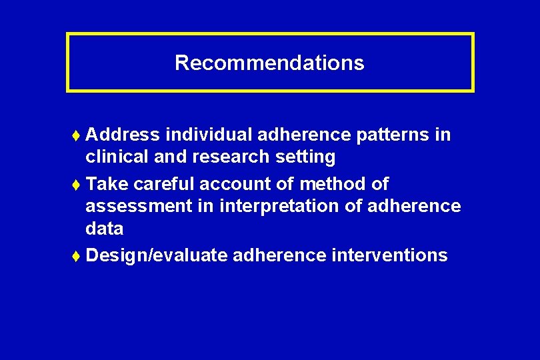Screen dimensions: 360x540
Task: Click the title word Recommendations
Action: point(269,63)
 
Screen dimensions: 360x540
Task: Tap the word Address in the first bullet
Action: point(123,135)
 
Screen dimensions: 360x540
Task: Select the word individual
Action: point(208,135)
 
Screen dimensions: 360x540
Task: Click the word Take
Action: point(107,183)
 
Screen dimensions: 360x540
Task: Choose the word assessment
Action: point(139,206)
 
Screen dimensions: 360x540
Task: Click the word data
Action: point(104,229)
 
